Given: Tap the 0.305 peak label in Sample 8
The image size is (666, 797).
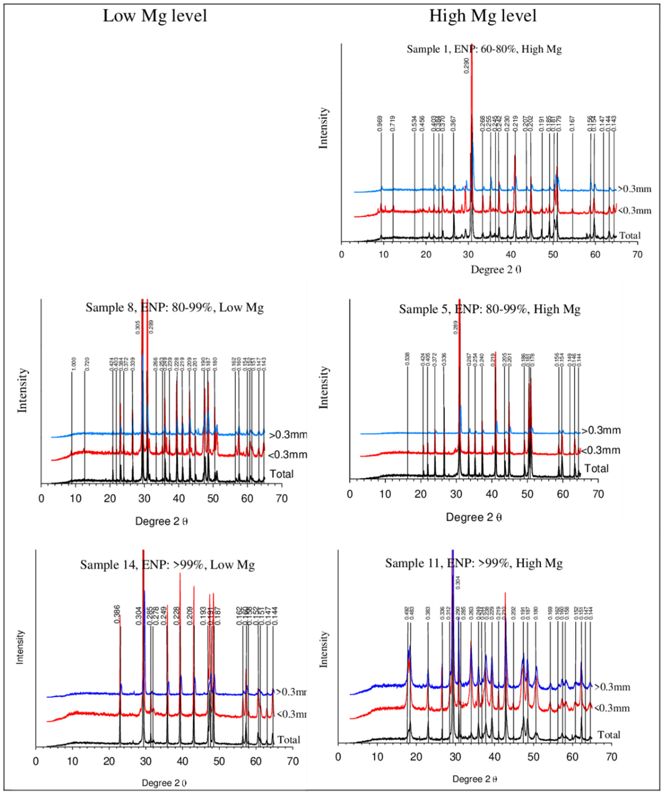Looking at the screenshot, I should tap(138, 327).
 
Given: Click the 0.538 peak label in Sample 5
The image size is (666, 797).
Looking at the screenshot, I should tap(407, 359).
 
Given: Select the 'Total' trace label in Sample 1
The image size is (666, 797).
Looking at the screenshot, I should tap(629, 235).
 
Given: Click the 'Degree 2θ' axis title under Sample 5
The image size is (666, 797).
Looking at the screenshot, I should tap(474, 517).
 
